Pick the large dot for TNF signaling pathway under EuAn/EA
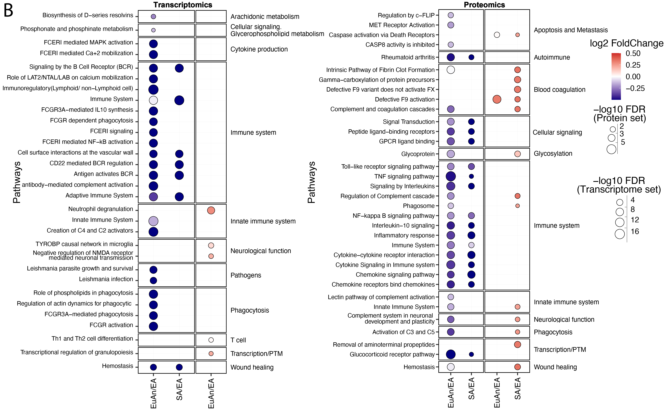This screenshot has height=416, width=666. (450, 176)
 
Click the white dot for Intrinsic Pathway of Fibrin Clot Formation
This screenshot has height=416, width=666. (450, 70)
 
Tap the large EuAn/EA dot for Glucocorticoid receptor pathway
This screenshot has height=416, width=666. (450, 354)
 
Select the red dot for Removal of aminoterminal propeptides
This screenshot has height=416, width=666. (517, 344)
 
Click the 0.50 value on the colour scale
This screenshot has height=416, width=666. (633, 53)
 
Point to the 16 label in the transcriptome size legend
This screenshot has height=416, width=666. (635, 231)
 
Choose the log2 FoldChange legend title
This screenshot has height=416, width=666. (626, 43)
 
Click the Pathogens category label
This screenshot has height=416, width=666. (246, 275)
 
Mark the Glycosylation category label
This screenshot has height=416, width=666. (553, 154)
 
